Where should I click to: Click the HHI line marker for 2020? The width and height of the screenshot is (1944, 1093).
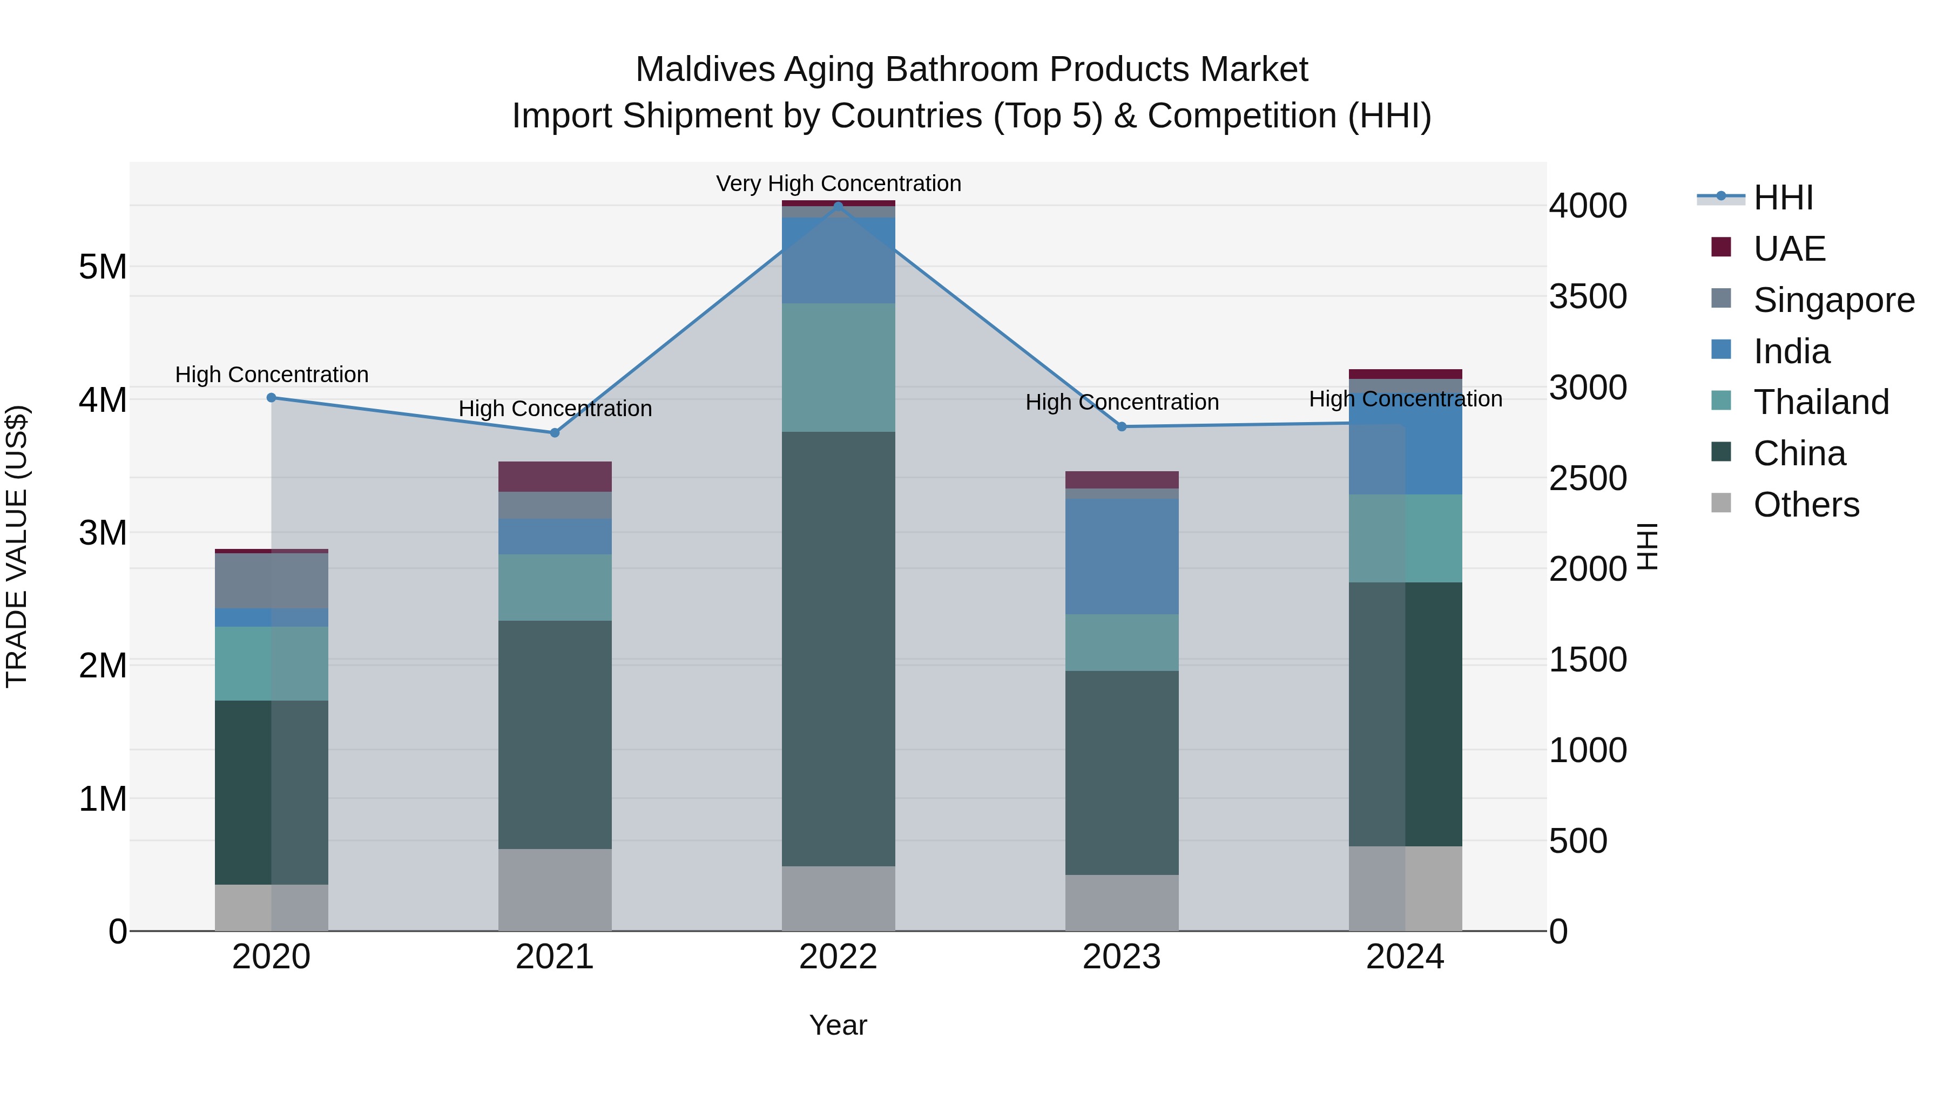(x=272, y=397)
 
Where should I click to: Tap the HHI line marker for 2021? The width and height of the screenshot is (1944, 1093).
(x=555, y=433)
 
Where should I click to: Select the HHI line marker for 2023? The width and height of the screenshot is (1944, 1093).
(x=1122, y=427)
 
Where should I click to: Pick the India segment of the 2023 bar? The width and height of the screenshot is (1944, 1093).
(x=1122, y=556)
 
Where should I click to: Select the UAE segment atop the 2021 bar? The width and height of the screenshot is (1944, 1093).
(x=555, y=477)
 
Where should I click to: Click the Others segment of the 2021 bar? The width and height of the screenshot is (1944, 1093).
(x=555, y=890)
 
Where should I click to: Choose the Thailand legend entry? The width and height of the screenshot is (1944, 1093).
(x=1820, y=402)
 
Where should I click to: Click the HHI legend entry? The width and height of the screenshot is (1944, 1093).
(x=1783, y=198)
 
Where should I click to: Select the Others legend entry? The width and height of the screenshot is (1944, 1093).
(x=1805, y=505)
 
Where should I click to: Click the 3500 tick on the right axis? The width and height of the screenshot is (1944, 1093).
(x=1588, y=296)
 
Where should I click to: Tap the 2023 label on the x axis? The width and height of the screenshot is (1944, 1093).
(x=1122, y=957)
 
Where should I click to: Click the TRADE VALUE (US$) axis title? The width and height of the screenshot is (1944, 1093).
(x=17, y=546)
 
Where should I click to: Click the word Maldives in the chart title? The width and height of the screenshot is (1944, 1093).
(x=705, y=70)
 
